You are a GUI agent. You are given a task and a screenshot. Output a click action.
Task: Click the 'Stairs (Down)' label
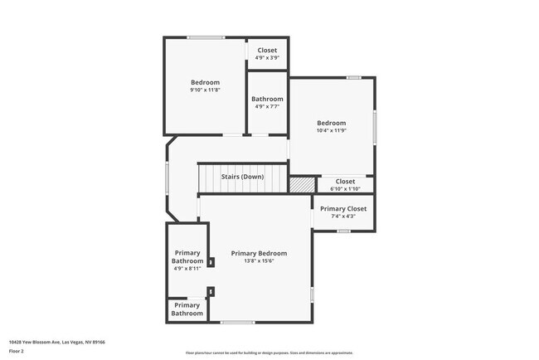(x=242, y=177)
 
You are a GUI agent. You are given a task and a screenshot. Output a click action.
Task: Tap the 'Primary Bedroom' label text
(x=259, y=253)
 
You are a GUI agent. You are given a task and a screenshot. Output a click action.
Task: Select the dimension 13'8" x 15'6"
(x=259, y=261)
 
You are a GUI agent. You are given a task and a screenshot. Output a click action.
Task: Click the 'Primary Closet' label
(x=343, y=209)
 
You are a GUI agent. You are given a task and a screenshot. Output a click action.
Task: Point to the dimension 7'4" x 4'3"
(x=343, y=216)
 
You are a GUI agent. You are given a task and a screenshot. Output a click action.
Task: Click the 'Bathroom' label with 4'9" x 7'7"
(x=267, y=99)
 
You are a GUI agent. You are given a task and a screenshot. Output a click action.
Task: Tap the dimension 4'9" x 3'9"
(x=267, y=58)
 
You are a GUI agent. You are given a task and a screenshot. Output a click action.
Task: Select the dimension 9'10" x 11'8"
(x=205, y=90)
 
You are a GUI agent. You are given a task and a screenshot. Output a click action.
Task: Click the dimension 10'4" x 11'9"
(x=331, y=130)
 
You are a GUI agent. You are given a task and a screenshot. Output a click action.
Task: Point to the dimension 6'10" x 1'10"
(x=345, y=188)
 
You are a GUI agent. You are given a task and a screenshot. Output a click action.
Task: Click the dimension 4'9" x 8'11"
(x=187, y=269)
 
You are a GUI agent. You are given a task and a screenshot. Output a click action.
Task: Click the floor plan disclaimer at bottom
(x=269, y=353)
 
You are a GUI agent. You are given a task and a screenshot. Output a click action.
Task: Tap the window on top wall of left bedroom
(x=205, y=37)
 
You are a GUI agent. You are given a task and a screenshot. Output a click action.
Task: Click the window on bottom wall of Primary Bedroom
(x=237, y=323)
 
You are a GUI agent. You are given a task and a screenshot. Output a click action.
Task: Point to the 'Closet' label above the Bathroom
(x=267, y=50)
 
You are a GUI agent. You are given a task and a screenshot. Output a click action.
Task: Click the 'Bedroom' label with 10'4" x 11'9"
(x=331, y=123)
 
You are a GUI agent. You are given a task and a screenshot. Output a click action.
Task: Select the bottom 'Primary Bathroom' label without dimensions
(x=187, y=309)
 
